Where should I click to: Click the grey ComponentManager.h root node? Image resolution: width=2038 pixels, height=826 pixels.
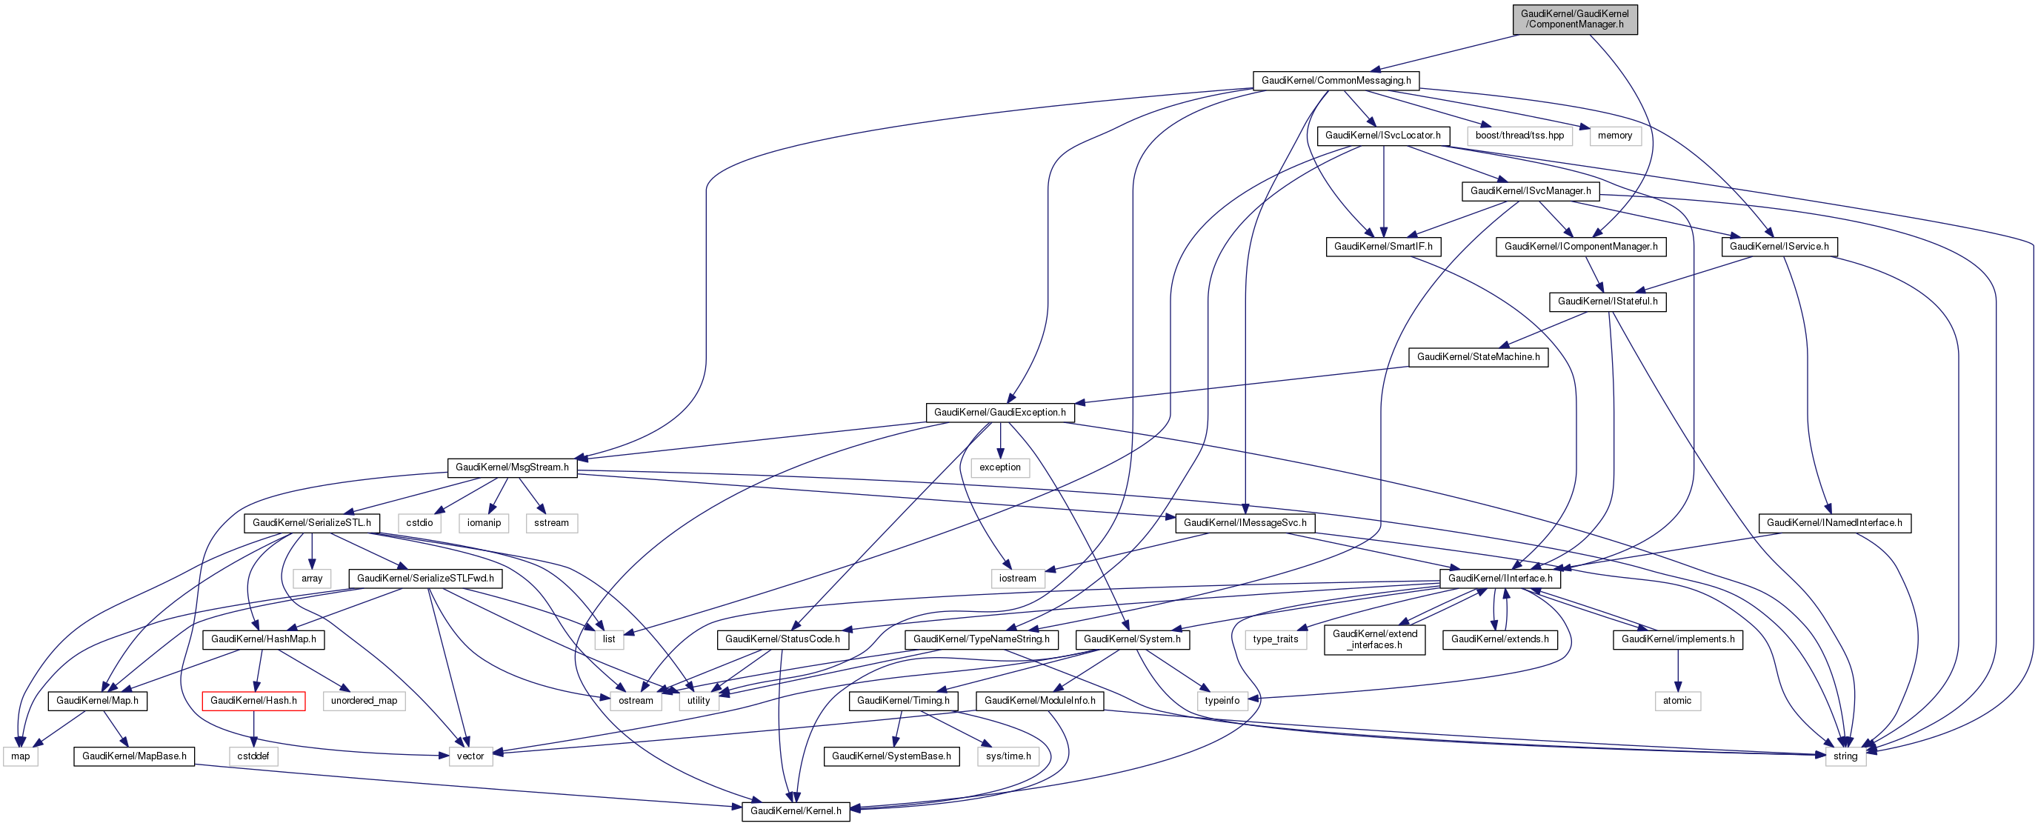tap(1574, 19)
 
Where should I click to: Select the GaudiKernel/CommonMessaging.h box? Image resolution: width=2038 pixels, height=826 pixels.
tap(1336, 81)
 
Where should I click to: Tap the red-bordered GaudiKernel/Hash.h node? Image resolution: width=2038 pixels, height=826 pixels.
tap(253, 701)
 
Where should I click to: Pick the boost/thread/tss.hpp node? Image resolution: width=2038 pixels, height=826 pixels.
tap(1519, 136)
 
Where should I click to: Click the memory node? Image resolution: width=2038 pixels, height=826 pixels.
tap(1615, 136)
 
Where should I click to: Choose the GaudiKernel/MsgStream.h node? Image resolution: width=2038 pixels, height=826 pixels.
tap(512, 467)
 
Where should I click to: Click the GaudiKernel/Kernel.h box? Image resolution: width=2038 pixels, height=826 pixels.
tap(795, 811)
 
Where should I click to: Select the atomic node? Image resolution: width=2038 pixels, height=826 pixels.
tap(1676, 701)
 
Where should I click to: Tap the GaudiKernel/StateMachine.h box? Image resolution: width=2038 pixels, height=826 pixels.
tap(1478, 358)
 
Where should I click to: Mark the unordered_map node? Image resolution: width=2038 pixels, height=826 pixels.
tap(364, 701)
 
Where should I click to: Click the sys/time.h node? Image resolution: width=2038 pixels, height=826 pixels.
tap(1008, 756)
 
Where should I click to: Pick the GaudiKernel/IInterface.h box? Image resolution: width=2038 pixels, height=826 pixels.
tap(1500, 579)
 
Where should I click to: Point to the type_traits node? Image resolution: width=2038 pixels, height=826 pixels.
tap(1276, 639)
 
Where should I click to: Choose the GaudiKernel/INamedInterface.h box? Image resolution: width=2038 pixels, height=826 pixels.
tap(1834, 523)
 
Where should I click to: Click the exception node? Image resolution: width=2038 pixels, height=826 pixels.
tap(1000, 467)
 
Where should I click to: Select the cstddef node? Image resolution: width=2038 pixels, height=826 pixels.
tap(253, 756)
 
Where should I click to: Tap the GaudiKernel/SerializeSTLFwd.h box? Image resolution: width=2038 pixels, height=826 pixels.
tap(424, 579)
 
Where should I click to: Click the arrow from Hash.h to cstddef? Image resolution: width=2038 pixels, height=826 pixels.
tap(253, 729)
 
